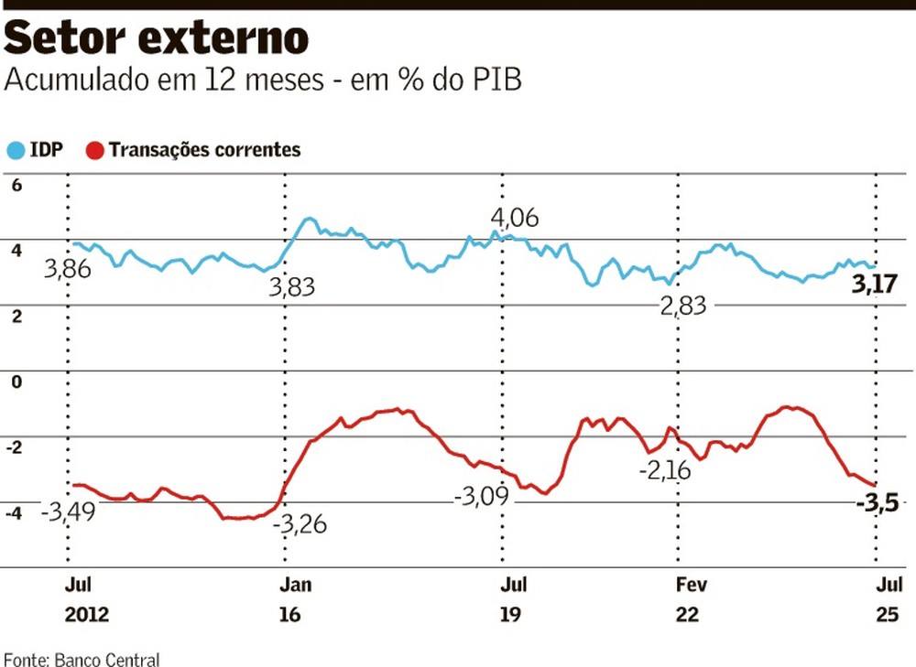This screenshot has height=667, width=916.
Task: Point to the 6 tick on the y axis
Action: (15, 185)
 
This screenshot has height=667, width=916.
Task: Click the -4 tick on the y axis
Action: (13, 513)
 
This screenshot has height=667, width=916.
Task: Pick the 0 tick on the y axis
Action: (15, 382)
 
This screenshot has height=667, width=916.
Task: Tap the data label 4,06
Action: (514, 219)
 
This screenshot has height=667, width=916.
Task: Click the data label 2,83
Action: (682, 307)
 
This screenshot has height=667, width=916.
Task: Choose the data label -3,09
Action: (482, 498)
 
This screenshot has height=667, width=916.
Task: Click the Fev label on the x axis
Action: (688, 585)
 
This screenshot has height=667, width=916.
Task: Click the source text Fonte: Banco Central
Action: (82, 659)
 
